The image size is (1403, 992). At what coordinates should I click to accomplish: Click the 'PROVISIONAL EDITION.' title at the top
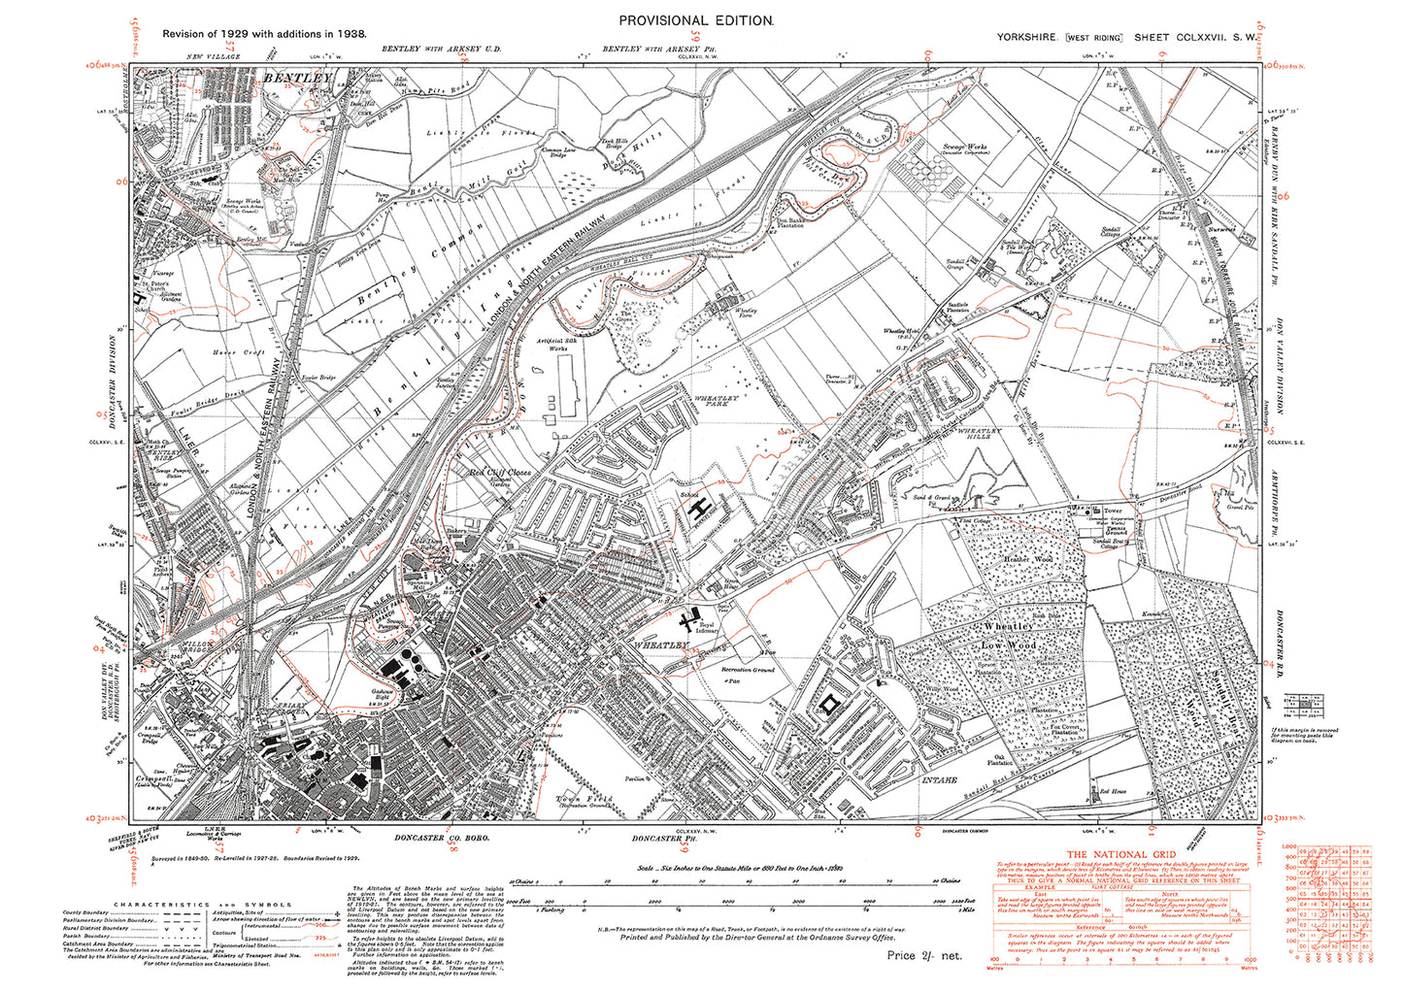pos(696,20)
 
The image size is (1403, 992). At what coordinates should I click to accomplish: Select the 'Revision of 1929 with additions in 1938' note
pos(264,33)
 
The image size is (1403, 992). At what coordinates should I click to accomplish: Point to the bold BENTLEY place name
pos(297,77)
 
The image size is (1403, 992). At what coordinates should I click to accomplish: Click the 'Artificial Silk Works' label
pos(558,348)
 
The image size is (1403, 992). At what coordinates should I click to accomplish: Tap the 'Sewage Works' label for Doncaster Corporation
pos(965,149)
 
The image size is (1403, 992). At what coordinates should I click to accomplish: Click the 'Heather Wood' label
pos(1028,560)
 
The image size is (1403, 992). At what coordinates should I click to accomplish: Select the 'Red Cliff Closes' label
pos(500,474)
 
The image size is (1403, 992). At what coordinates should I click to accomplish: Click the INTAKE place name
pos(939,779)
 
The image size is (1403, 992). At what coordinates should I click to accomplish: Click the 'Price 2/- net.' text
pos(923,956)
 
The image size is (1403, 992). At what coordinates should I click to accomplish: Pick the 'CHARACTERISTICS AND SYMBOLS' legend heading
pos(202,905)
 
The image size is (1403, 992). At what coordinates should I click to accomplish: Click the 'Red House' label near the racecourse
pos(1113,792)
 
